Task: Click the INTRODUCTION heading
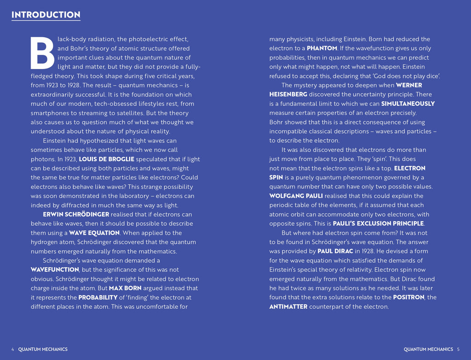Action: pyautogui.click(x=46, y=15)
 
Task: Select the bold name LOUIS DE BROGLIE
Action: pyautogui.click(x=107, y=159)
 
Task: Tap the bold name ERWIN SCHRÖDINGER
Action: pyautogui.click(x=76, y=214)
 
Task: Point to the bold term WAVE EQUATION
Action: pyautogui.click(x=94, y=233)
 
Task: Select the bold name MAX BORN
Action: pyautogui.click(x=126, y=288)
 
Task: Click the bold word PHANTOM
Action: pyautogui.click(x=322, y=48)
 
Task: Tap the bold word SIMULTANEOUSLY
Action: pyautogui.click(x=408, y=104)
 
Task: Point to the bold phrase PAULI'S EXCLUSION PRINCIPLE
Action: pyautogui.click(x=378, y=223)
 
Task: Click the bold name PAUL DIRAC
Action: pyautogui.click(x=335, y=251)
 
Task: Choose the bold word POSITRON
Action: pyautogui.click(x=408, y=297)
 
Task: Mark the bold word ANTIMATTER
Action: pyautogui.click(x=288, y=306)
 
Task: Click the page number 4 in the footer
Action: pyautogui.click(x=13, y=349)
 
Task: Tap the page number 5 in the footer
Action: pyautogui.click(x=458, y=349)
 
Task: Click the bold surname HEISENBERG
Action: pyautogui.click(x=288, y=95)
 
